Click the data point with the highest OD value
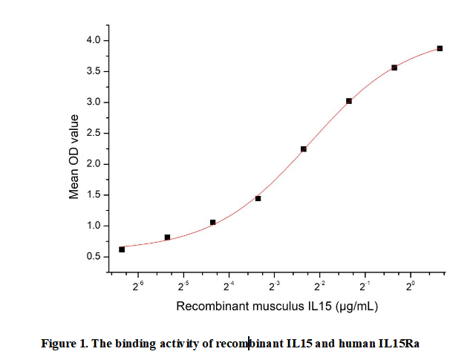coord(440,48)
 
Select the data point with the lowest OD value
coord(122,249)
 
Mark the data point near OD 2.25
coord(304,149)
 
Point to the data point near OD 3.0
coord(349,101)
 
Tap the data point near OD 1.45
coord(258,198)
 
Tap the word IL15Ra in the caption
coord(408,344)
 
